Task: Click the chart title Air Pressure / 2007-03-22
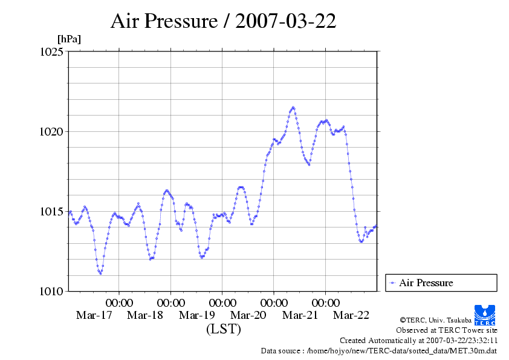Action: (x=223, y=21)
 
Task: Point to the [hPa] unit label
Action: (x=69, y=39)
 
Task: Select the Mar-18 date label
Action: (x=145, y=315)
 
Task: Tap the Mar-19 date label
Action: (x=197, y=315)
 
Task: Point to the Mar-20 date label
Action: (x=248, y=315)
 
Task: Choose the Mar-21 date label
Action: (x=300, y=315)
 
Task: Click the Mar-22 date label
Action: (x=351, y=315)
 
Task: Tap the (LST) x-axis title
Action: (x=223, y=329)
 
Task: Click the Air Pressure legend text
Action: (x=426, y=283)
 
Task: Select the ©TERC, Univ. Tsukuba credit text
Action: (x=435, y=319)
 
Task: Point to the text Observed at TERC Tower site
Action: (x=446, y=330)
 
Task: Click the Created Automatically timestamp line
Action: (x=418, y=341)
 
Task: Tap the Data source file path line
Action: (x=378, y=350)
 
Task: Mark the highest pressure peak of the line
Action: (x=293, y=108)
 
